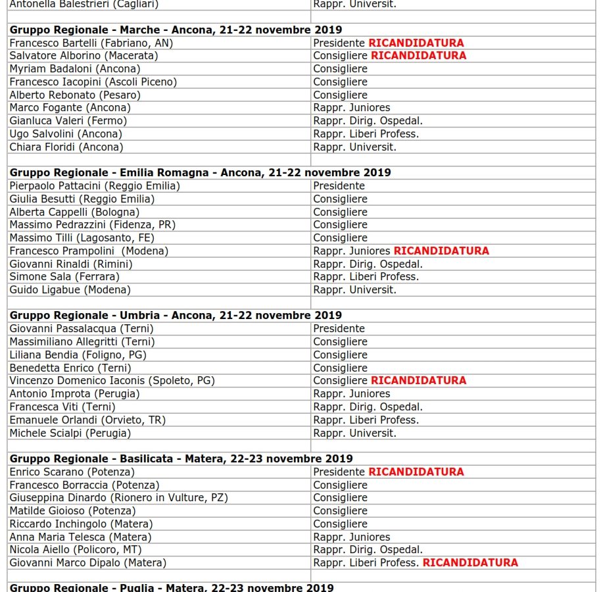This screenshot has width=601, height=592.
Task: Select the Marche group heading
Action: coord(176,30)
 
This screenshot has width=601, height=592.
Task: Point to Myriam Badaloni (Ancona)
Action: coord(75,69)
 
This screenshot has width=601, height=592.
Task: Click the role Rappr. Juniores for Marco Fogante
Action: coord(351,108)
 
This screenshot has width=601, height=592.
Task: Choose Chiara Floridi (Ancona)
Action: coord(66,147)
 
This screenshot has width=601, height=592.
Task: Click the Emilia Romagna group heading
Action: coord(200,172)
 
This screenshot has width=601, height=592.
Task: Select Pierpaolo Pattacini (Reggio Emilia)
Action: coord(95,185)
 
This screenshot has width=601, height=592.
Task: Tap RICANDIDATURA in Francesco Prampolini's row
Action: coord(441,251)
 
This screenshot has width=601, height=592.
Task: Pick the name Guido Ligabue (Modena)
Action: coord(70,289)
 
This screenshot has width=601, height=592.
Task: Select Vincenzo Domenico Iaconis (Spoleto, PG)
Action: coord(112,380)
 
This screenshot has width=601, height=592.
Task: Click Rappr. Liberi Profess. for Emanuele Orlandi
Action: coord(366,420)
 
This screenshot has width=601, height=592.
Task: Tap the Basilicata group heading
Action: coord(181,458)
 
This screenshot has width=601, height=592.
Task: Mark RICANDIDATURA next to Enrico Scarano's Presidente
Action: coord(416,472)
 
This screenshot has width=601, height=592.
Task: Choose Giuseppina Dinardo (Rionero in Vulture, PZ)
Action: coord(118,498)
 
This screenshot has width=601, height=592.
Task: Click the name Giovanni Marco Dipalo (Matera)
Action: coord(87,563)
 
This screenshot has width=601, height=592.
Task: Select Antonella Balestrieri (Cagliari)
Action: coord(84,4)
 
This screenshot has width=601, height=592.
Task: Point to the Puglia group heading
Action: coord(171,587)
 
